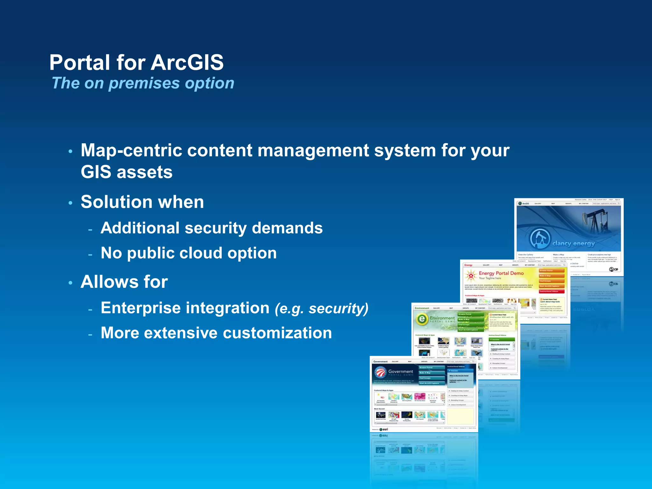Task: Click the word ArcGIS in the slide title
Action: tap(187, 62)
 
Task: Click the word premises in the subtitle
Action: tap(144, 83)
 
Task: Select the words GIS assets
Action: tap(126, 172)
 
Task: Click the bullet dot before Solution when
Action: tap(70, 203)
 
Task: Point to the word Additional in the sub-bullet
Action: tap(140, 228)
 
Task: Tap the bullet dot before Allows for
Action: tap(70, 283)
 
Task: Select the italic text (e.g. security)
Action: tap(321, 308)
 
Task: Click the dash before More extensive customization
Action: tap(90, 335)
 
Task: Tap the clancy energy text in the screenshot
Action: tap(573, 244)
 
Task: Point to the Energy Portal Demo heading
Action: tap(501, 273)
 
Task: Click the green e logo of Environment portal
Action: tap(422, 319)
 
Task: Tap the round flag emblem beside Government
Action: tap(380, 372)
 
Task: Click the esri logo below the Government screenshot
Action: tap(384, 429)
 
